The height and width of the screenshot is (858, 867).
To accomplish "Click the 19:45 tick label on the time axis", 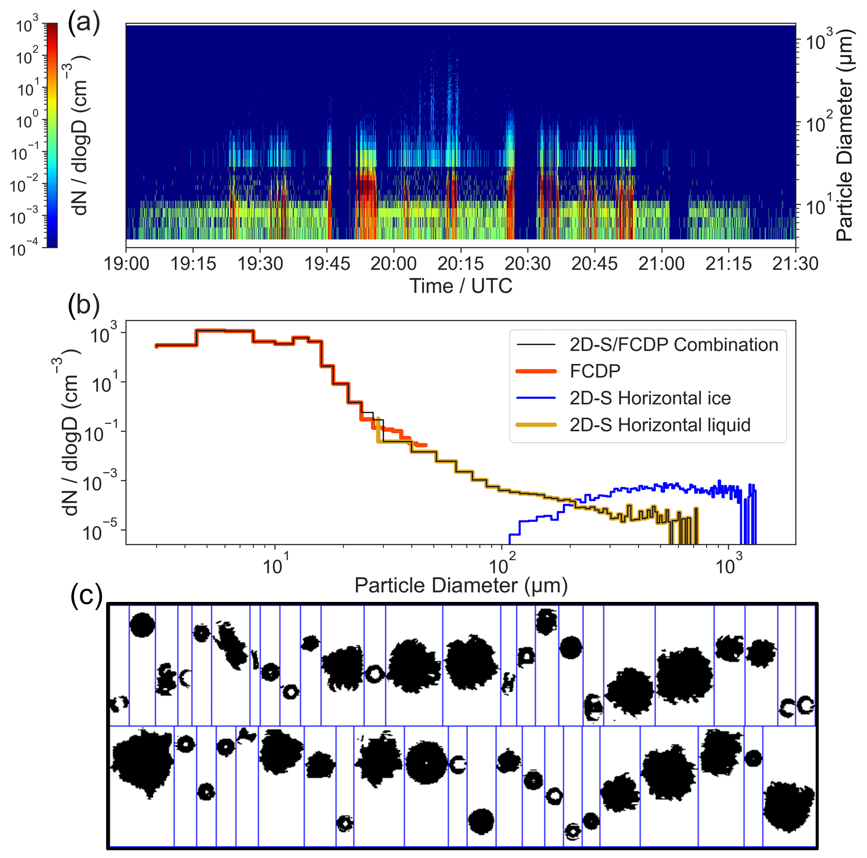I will (x=327, y=264).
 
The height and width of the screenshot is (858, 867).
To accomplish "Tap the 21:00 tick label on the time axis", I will (x=662, y=264).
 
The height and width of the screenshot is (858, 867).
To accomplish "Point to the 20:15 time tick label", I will (x=460, y=264).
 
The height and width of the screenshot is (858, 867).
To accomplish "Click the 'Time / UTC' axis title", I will (x=460, y=286).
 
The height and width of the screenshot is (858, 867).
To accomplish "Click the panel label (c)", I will (x=87, y=595).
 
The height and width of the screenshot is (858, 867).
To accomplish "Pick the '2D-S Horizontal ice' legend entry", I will (x=650, y=398).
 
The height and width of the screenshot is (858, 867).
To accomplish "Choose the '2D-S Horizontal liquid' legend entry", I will (x=660, y=425).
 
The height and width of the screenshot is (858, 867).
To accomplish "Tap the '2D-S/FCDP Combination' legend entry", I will (x=674, y=344).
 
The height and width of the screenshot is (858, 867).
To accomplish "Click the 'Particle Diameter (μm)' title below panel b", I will (x=461, y=586).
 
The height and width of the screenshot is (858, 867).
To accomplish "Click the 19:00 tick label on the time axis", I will (x=126, y=264).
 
